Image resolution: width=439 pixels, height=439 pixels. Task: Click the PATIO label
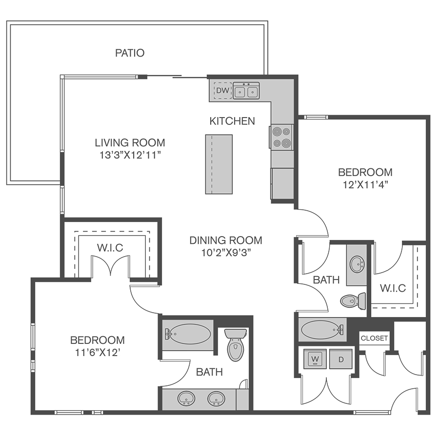130,53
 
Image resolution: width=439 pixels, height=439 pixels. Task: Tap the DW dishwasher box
222,90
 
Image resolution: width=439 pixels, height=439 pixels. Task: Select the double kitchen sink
246,90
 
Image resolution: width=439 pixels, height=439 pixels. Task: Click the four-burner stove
281,137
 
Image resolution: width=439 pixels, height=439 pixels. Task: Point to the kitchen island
219,164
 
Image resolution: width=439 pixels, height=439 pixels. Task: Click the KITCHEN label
232,121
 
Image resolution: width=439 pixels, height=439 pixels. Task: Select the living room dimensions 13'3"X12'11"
130,155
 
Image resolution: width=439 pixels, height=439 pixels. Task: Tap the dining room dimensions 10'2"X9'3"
226,253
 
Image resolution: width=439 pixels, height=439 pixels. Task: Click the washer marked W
315,359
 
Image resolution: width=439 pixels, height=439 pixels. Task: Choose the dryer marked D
341,359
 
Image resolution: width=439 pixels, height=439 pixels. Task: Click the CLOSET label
374,338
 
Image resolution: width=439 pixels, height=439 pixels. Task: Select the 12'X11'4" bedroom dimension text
365,185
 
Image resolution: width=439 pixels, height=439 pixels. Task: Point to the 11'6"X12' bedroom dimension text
98,353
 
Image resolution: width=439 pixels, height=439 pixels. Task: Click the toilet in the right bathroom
353,301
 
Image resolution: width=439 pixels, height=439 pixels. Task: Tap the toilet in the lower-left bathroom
236,345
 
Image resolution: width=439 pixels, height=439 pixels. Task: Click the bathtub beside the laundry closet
322,330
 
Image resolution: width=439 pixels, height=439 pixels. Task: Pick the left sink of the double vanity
186,399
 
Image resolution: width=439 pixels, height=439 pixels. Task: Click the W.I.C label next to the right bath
393,288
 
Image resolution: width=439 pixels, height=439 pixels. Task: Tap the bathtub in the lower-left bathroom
188,334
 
